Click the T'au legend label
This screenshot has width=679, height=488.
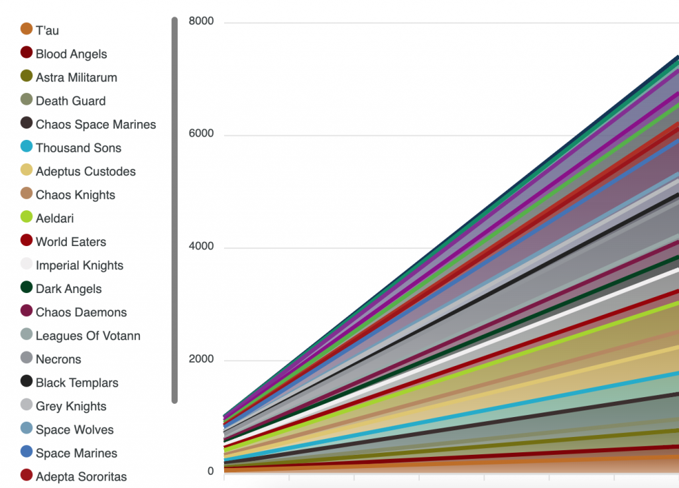pos(48,30)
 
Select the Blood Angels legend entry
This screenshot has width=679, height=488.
pos(71,54)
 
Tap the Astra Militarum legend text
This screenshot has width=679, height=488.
pos(76,78)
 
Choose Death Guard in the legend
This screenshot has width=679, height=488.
pos(70,101)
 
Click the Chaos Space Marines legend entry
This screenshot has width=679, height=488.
pos(95,125)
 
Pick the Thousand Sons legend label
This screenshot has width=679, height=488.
pos(78,149)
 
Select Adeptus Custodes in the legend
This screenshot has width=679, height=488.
pos(86,172)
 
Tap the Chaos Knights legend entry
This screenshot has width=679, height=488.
pos(75,196)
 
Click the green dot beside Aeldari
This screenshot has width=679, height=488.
pos(27,217)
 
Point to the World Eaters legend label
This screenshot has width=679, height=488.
pos(71,242)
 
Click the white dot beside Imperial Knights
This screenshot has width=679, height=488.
pos(27,264)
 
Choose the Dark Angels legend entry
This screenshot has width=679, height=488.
pos(69,289)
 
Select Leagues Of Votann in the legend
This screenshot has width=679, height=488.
pos(88,336)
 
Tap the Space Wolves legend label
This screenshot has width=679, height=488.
pos(74,430)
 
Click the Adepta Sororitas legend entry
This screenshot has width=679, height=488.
pos(81,477)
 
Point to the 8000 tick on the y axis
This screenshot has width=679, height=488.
pos(202,22)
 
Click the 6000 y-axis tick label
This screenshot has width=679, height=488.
pos(202,135)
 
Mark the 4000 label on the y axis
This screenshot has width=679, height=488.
pos(202,247)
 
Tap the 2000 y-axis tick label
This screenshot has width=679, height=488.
pos(202,360)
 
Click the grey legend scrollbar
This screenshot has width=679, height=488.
pos(174,210)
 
